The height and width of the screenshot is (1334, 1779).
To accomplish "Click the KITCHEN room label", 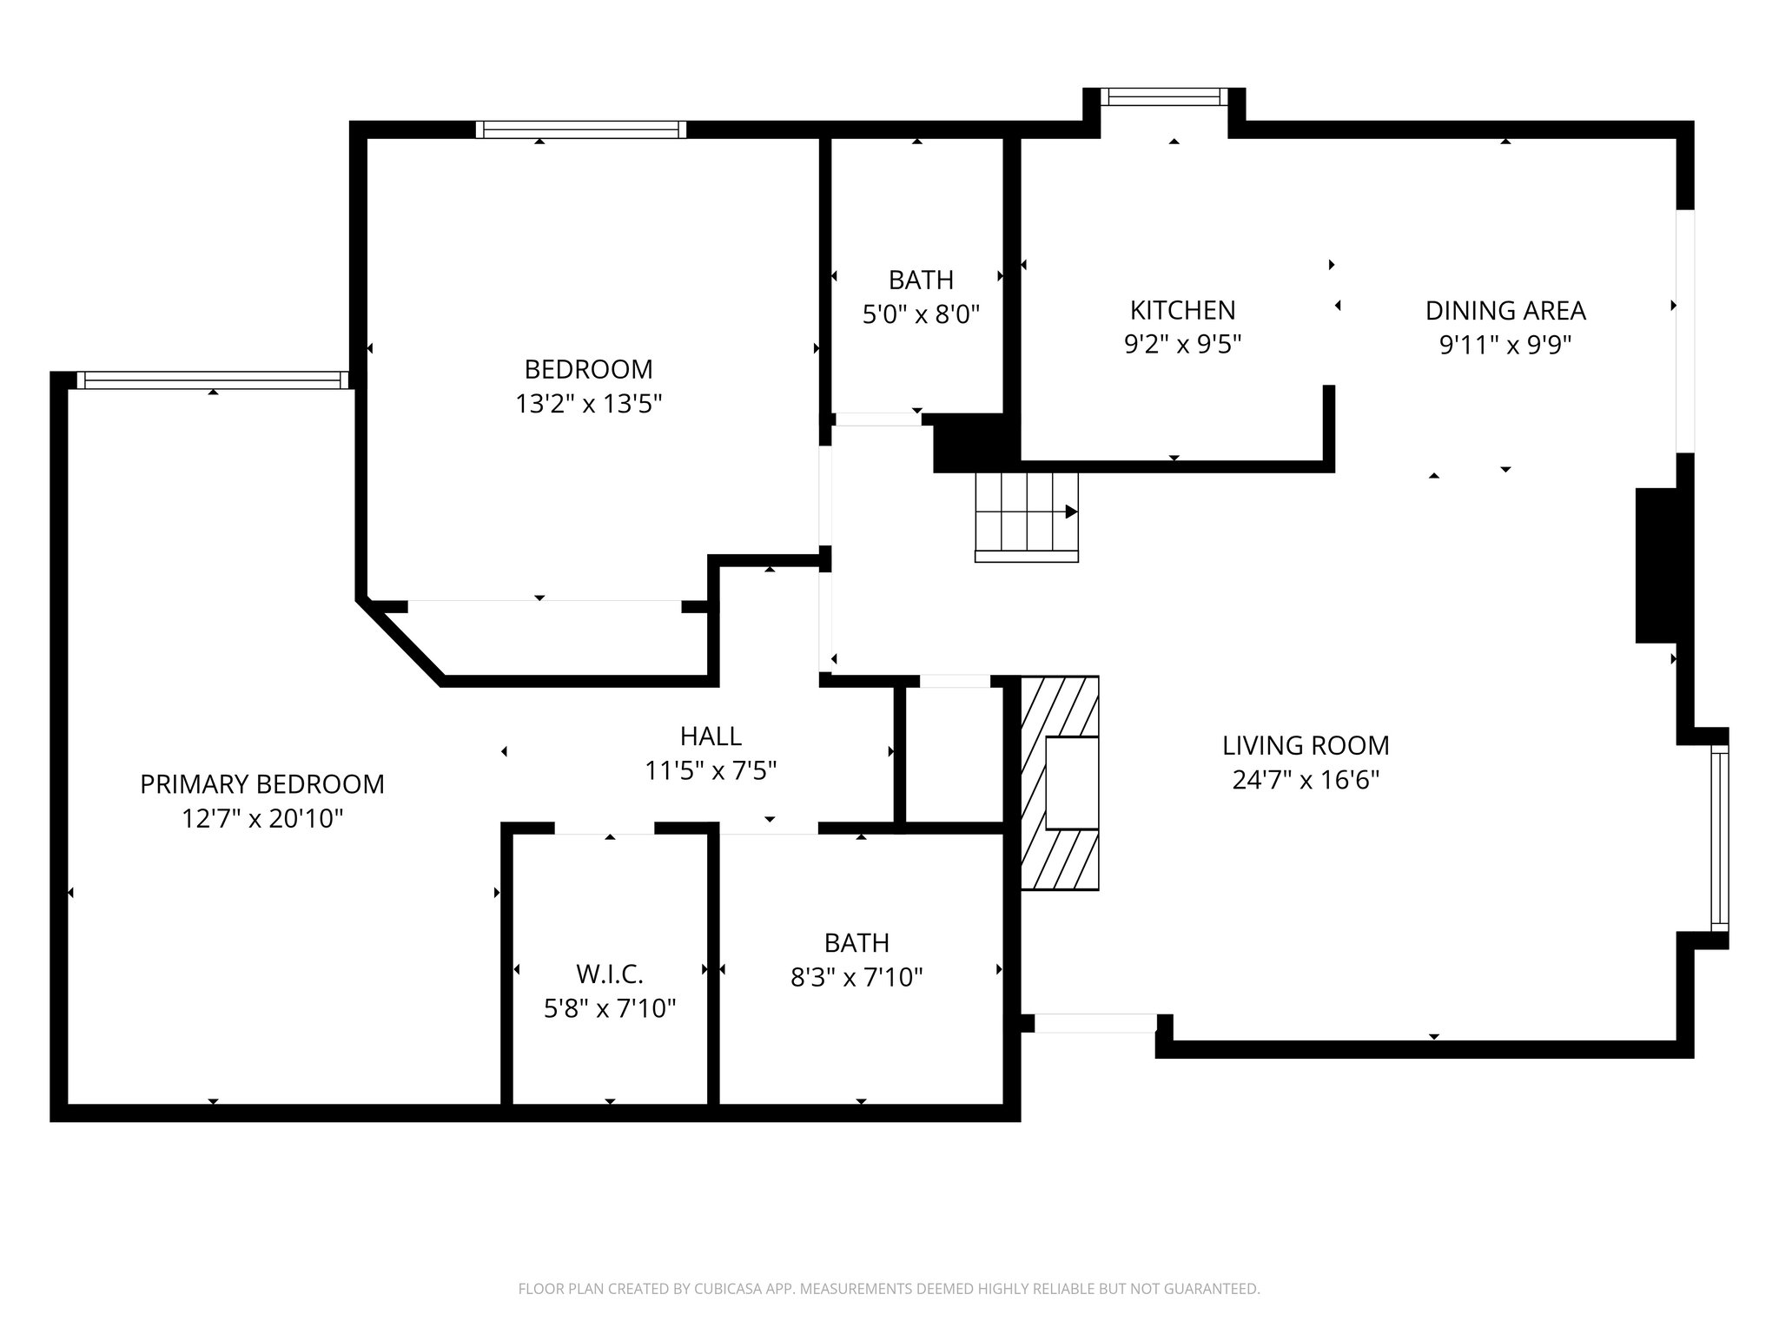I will pyautogui.click(x=1181, y=310).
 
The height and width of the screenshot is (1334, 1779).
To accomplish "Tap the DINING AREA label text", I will pyautogui.click(x=1505, y=310).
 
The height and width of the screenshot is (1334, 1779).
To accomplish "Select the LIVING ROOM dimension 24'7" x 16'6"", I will pyautogui.click(x=1306, y=780).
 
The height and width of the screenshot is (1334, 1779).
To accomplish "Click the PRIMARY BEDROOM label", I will pyautogui.click(x=261, y=783).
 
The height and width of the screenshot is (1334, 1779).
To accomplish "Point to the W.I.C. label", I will pyautogui.click(x=609, y=974).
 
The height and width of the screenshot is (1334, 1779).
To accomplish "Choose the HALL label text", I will pyautogui.click(x=710, y=736).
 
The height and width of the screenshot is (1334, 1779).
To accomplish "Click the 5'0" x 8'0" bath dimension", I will pyautogui.click(x=920, y=314).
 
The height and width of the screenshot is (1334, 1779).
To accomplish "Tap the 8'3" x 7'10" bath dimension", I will pyautogui.click(x=856, y=978).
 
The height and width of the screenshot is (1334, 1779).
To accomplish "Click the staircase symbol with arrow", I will pyautogui.click(x=1026, y=517).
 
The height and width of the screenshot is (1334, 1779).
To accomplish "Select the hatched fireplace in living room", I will pyautogui.click(x=1059, y=783).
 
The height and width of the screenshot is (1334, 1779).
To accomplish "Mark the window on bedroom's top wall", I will pyautogui.click(x=580, y=129).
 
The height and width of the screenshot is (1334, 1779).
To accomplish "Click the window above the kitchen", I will pyautogui.click(x=1164, y=96).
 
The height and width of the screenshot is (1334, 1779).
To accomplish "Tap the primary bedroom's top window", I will pyautogui.click(x=212, y=380).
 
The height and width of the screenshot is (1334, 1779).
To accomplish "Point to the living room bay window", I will pyautogui.click(x=1719, y=838).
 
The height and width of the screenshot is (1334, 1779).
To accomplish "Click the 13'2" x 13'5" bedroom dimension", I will pyautogui.click(x=588, y=404).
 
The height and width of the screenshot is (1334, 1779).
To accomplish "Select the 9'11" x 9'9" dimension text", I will pyautogui.click(x=1505, y=346).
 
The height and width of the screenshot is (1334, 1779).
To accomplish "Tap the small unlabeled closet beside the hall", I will pyautogui.click(x=955, y=754).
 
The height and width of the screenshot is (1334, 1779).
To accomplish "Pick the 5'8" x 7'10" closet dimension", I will pyautogui.click(x=609, y=1008).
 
